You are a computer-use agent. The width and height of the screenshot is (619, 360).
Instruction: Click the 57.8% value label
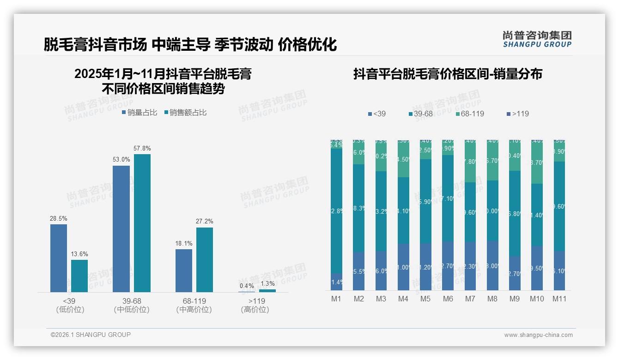[x=142, y=149]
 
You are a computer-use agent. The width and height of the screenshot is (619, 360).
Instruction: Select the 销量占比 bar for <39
[x=59, y=258]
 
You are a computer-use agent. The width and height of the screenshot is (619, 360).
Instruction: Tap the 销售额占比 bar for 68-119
[x=205, y=259]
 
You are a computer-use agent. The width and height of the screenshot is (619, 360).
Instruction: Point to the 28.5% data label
[x=59, y=219]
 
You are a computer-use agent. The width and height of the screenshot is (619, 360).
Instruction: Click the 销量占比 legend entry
[x=139, y=113]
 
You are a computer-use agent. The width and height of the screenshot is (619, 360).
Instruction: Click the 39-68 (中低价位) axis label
[x=132, y=306]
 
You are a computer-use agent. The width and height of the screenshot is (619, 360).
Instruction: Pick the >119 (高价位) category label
[x=255, y=306]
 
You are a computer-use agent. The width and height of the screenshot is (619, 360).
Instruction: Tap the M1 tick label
[x=336, y=299]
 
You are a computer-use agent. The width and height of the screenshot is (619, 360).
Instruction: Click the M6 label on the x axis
[x=448, y=299]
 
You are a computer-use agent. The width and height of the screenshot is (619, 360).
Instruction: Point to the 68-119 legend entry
[x=470, y=114]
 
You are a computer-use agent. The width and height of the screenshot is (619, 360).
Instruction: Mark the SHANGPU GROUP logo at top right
[x=537, y=39]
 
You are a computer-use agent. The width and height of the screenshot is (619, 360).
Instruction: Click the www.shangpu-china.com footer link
[x=538, y=335]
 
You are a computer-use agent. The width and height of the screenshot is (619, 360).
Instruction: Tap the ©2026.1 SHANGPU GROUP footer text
[x=91, y=335]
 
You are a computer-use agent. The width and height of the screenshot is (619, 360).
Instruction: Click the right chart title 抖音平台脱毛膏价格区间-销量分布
[x=448, y=74]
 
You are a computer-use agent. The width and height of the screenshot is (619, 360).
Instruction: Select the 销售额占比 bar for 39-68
[x=142, y=223]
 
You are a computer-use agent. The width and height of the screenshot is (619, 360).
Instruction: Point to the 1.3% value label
[x=267, y=283]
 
